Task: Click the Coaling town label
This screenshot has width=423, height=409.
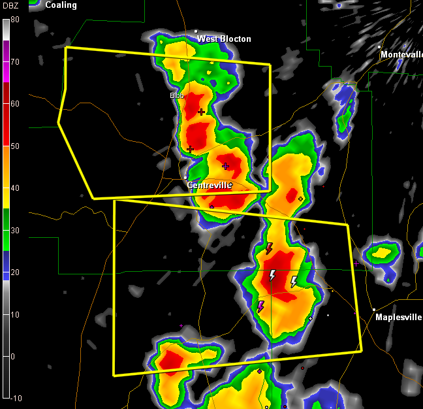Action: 61,5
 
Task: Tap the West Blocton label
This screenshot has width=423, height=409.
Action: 224,39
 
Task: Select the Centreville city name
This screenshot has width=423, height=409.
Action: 209,186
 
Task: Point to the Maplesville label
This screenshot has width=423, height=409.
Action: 398,318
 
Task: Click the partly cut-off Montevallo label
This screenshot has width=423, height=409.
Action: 401,55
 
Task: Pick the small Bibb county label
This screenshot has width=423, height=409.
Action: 176,95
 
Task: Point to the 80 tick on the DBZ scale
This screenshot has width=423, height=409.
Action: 14,20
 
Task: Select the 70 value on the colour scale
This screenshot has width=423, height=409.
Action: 14,62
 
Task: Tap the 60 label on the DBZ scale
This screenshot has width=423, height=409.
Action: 14,104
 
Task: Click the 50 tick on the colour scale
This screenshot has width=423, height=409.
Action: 14,146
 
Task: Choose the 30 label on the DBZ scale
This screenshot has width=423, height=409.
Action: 14,231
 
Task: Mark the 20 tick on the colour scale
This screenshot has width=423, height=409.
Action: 14,272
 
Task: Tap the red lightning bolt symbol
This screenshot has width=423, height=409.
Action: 268,248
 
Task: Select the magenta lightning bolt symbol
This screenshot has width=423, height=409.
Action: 260,306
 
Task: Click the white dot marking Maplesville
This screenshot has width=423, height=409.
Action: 374,310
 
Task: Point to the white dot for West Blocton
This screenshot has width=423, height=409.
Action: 196,31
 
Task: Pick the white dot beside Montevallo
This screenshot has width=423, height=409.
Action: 379,47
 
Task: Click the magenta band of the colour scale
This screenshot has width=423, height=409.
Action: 6,62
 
